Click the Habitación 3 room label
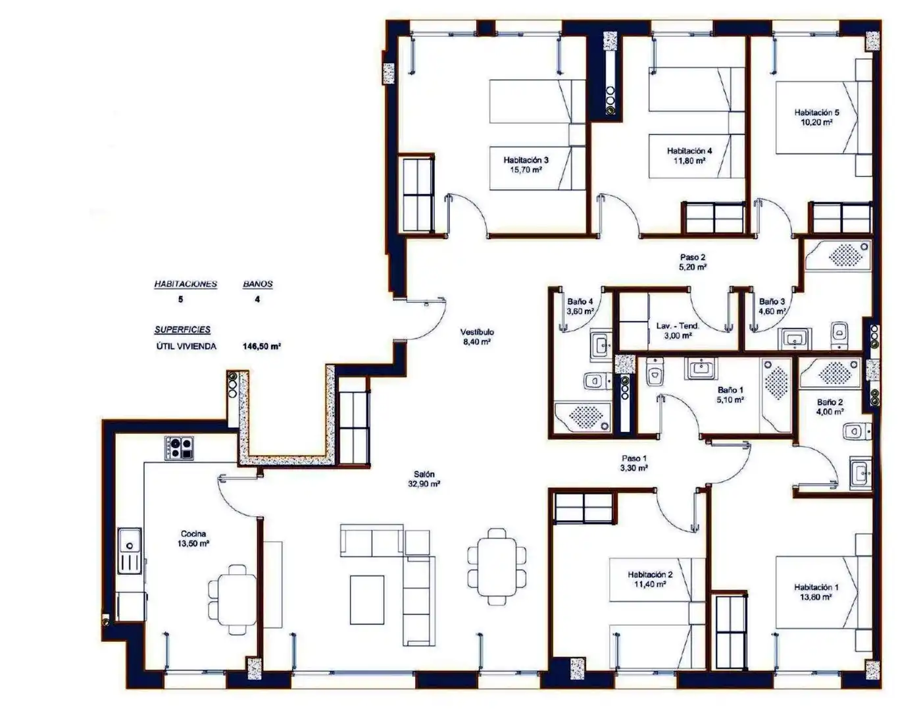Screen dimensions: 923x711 pos(526,160)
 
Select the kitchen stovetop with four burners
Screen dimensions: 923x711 pos(179,448)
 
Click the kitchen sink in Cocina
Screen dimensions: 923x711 pos(130,551)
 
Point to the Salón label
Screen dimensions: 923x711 pos(424,474)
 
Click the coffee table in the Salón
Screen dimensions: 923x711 pos(367,600)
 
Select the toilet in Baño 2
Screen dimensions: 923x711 pos(857,433)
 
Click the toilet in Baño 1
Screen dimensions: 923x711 pos(655,372)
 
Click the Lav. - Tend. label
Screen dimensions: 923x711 pos(678,326)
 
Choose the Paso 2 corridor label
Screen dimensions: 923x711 pos(693,257)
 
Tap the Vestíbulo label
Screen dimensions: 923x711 pos(477,332)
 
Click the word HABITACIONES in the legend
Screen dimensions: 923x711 pos(186,284)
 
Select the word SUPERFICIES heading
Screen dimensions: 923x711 pos(182,329)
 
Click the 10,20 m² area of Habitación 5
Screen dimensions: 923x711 pos(816,122)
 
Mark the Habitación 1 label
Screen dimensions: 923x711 pos(816,587)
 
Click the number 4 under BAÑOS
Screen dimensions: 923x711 pos(257,299)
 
